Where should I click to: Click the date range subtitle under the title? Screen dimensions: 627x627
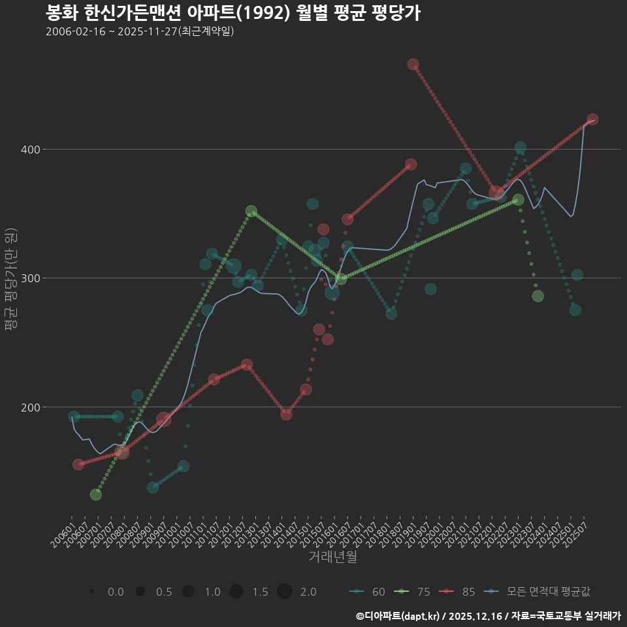tap(140, 31)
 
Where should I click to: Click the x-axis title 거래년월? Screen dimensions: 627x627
tap(332, 557)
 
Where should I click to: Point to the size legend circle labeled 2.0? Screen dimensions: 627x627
tap(284, 592)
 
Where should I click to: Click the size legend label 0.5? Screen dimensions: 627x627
tap(164, 592)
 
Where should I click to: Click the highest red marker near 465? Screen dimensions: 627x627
tap(413, 64)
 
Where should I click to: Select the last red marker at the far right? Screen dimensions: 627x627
tap(592, 120)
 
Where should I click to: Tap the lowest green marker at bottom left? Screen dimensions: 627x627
tap(95, 494)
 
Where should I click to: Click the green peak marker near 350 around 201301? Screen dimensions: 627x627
tap(251, 211)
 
